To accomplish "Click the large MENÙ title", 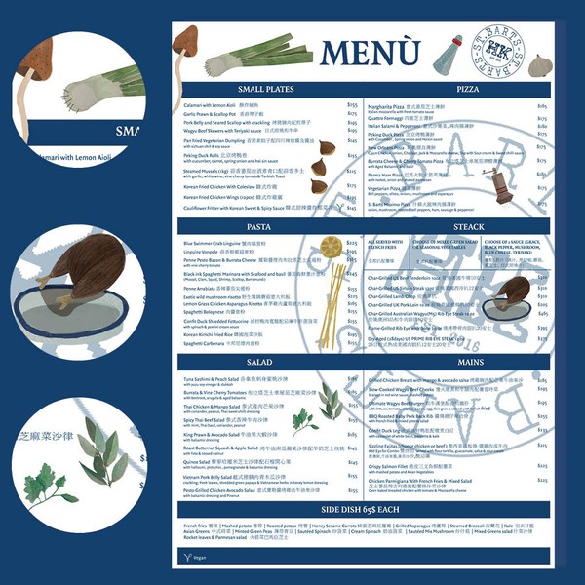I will click(x=370, y=52).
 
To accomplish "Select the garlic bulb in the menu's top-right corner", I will click(x=538, y=60).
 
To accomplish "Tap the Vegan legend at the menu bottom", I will click(x=199, y=556).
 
